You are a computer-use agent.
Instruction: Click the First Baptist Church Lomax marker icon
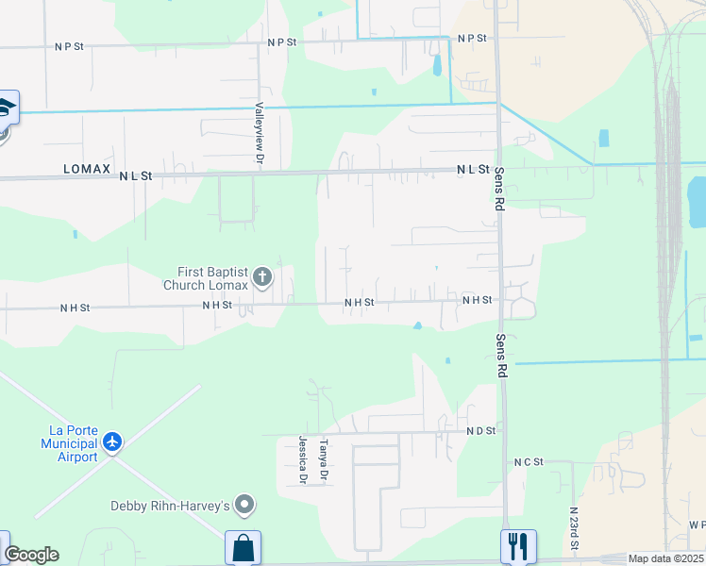(262, 277)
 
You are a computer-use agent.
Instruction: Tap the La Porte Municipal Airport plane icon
(113, 441)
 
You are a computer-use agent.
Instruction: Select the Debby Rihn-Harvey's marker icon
(245, 507)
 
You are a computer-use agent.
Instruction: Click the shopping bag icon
(243, 547)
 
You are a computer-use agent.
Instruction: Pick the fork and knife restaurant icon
(518, 547)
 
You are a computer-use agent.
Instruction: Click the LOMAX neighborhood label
(87, 170)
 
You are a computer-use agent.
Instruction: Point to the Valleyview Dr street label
(258, 133)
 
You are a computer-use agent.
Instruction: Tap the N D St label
(480, 430)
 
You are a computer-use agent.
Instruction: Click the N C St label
(529, 461)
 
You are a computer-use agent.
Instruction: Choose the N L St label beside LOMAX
(136, 175)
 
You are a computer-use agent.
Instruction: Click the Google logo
(31, 555)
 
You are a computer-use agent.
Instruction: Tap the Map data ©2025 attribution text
(664, 559)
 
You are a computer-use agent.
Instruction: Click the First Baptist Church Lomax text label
(205, 278)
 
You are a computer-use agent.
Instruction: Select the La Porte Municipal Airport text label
(73, 443)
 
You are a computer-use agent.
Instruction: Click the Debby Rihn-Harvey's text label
(171, 507)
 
